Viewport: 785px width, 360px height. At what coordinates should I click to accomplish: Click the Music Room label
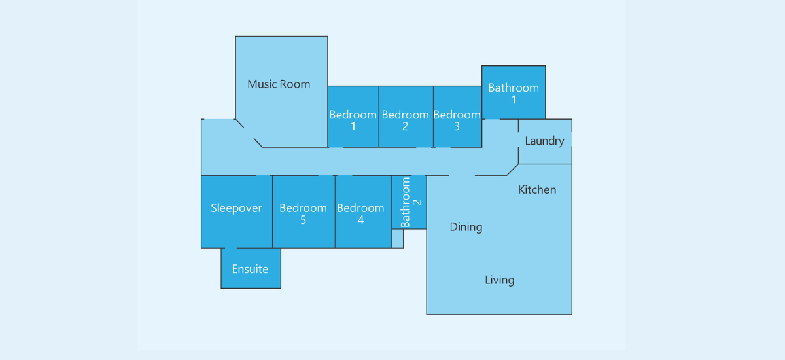coord(279,84)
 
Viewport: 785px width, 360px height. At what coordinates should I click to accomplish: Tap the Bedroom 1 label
coord(353,120)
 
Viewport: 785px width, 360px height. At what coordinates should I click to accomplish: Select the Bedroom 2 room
coord(406,117)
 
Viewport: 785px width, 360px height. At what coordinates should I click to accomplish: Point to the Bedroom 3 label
coord(457,120)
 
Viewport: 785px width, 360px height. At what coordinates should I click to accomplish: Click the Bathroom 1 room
coord(514,92)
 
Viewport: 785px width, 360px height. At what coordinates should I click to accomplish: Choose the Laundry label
coord(544,141)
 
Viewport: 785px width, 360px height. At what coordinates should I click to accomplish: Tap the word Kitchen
coord(537,190)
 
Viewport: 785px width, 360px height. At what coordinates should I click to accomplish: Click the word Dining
coord(466,227)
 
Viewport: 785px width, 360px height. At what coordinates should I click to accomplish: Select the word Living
coord(500,280)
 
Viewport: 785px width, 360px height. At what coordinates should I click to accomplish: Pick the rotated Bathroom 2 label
coord(411,202)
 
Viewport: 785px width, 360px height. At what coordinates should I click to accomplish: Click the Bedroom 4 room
coord(364,212)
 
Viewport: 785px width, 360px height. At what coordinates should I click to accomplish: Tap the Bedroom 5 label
coord(303,214)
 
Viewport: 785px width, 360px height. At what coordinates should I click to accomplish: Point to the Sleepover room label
coord(236,208)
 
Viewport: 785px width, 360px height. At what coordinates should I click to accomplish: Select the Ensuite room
coord(251,268)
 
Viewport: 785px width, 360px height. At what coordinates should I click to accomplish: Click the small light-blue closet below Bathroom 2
coord(398,239)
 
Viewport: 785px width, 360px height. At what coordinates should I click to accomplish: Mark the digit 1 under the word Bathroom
coord(514,100)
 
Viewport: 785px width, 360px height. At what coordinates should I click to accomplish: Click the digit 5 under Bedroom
coord(303,220)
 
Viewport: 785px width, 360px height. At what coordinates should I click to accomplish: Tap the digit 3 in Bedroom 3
coord(457,126)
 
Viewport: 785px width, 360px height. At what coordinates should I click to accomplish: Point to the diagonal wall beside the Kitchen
coord(512,170)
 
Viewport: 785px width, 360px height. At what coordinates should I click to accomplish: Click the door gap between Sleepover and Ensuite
coord(230,248)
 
